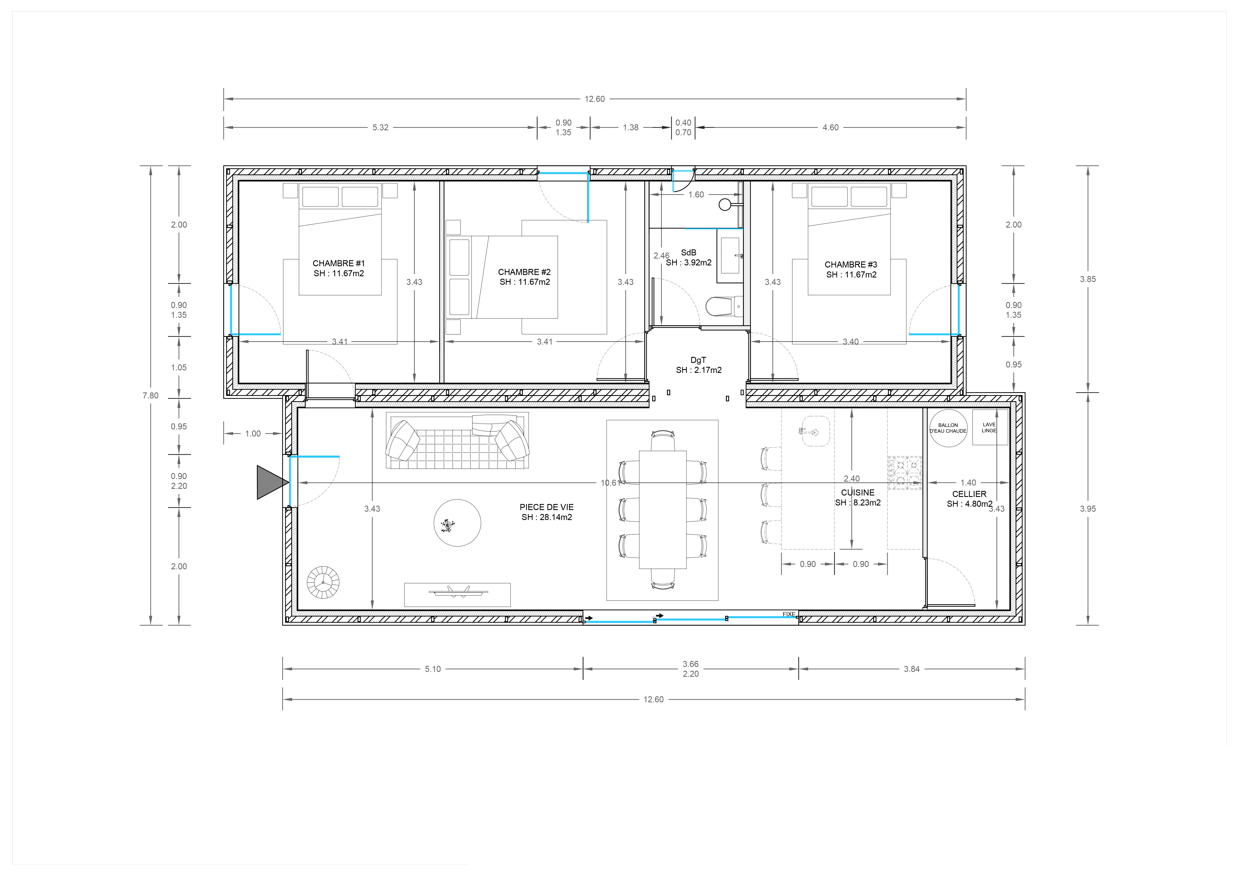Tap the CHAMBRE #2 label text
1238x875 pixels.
(524, 272)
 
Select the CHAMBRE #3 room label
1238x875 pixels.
(851, 265)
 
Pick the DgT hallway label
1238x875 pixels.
(698, 360)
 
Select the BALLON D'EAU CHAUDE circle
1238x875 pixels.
(948, 428)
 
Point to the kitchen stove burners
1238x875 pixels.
(905, 473)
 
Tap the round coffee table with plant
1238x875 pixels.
(457, 523)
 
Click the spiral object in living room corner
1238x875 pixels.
(323, 582)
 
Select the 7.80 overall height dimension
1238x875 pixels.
(151, 396)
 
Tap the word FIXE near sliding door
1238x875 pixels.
(789, 614)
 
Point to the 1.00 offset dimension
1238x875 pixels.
(253, 434)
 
